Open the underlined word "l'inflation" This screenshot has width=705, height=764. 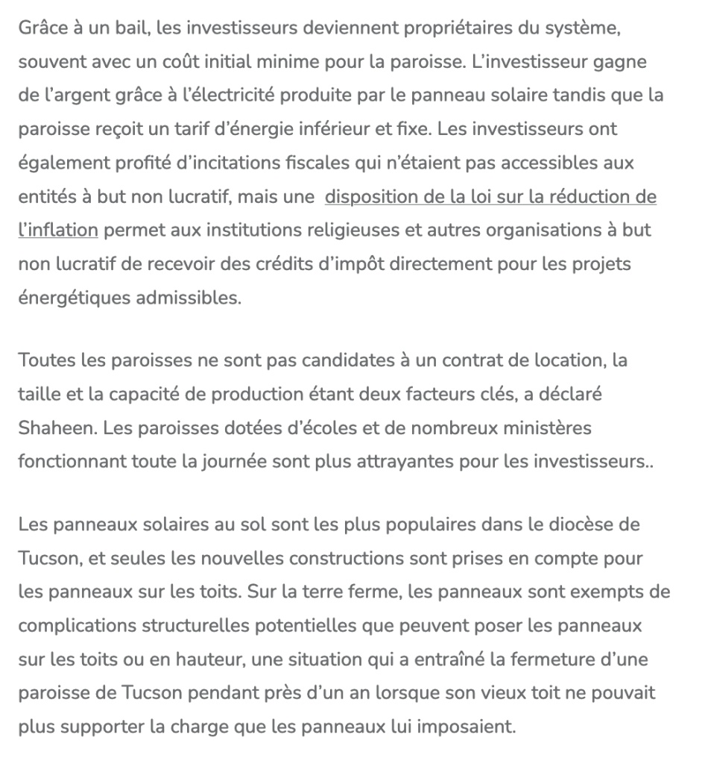click(x=58, y=230)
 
